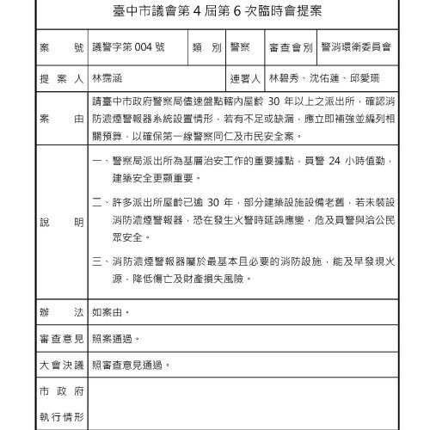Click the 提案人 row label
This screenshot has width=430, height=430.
[x=60, y=77]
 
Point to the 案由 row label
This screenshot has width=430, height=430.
[x=60, y=116]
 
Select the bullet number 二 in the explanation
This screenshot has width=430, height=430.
[x=99, y=201]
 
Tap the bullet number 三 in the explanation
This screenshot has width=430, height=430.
[x=99, y=257]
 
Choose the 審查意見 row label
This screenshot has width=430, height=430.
[x=60, y=339]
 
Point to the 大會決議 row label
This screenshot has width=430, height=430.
[x=60, y=365]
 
